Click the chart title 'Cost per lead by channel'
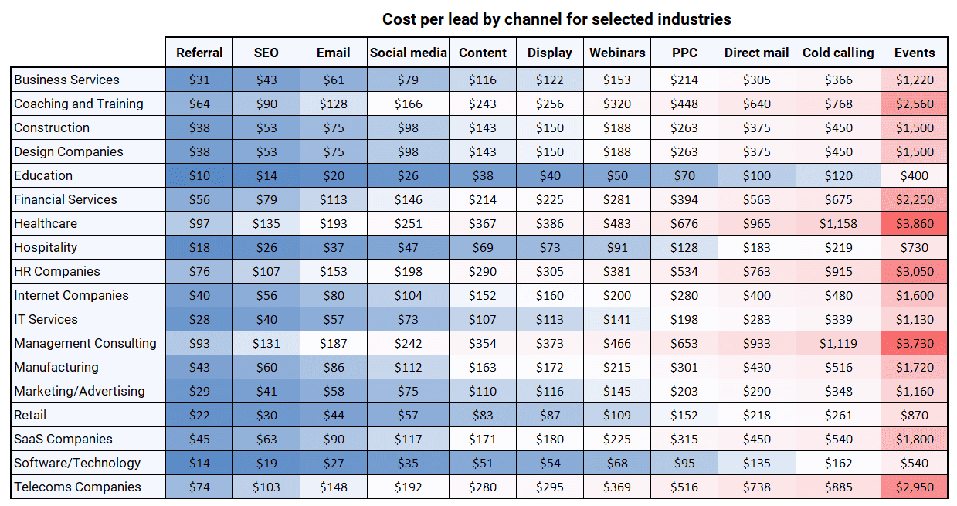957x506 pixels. pyautogui.click(x=556, y=19)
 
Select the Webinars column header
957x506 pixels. pyautogui.click(x=616, y=53)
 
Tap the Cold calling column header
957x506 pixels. pyautogui.click(x=838, y=53)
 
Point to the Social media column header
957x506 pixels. pyautogui.click(x=408, y=53)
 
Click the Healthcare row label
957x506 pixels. pyautogui.click(x=46, y=223)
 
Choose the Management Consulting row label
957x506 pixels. pyautogui.click(x=85, y=343)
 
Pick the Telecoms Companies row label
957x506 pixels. pyautogui.click(x=77, y=487)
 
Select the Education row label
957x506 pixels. pyautogui.click(x=43, y=175)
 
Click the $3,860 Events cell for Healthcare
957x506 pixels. pyautogui.click(x=915, y=223)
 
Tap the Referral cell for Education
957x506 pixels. pyautogui.click(x=199, y=175)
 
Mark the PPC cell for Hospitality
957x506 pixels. pyautogui.click(x=684, y=247)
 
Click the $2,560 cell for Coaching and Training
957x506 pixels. pyautogui.click(x=915, y=104)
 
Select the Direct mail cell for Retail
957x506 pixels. pyautogui.click(x=756, y=415)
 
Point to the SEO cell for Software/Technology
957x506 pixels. pyautogui.click(x=266, y=463)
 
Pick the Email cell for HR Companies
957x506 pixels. pyautogui.click(x=333, y=271)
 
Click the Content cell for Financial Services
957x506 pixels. pyautogui.click(x=483, y=199)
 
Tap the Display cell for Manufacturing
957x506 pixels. pyautogui.click(x=550, y=367)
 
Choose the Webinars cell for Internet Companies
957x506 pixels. pyautogui.click(x=616, y=295)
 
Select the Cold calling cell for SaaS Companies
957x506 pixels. pyautogui.click(x=838, y=439)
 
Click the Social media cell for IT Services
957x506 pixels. pyautogui.click(x=408, y=319)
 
